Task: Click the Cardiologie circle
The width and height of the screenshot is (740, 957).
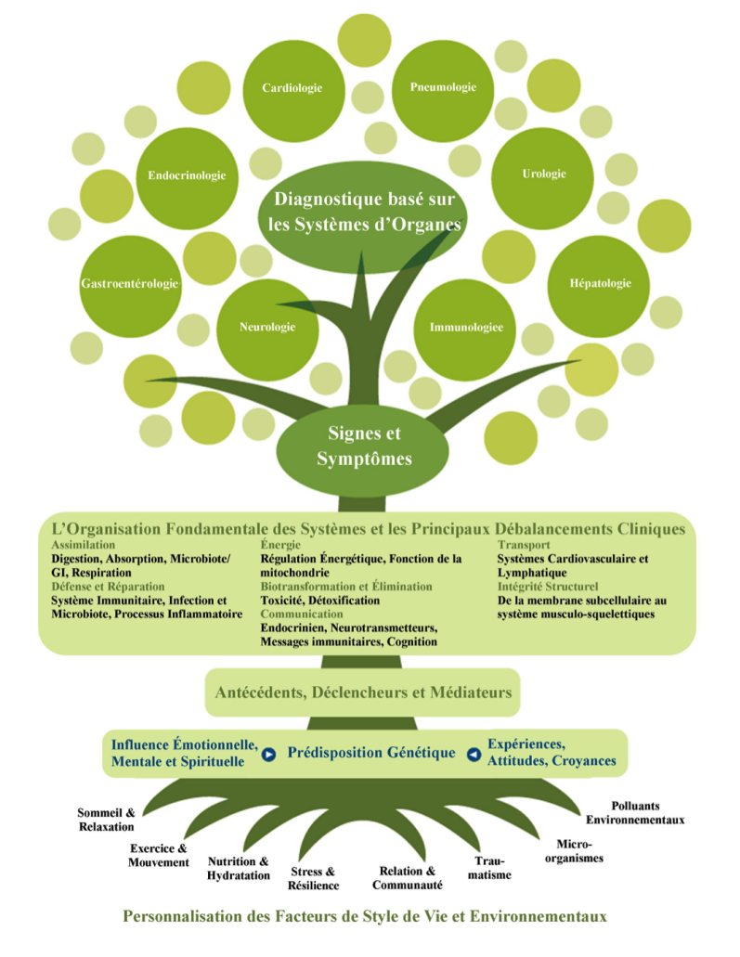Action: click(x=292, y=88)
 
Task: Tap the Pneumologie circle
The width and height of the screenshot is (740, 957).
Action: click(x=443, y=88)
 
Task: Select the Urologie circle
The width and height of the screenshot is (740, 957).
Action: click(x=543, y=174)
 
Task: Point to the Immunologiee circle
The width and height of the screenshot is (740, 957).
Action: click(x=466, y=327)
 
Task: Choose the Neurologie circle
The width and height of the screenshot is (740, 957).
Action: click(x=267, y=327)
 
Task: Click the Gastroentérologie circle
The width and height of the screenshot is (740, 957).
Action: click(x=130, y=283)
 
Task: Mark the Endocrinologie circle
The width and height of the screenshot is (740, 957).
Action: click(x=188, y=175)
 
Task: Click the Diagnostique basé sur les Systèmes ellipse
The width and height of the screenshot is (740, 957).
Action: click(x=368, y=211)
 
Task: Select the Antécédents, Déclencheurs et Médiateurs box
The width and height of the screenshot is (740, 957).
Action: click(x=362, y=692)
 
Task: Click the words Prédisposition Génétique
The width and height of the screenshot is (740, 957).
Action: click(x=371, y=752)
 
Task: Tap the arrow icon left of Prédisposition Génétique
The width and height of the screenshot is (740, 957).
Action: click(x=269, y=754)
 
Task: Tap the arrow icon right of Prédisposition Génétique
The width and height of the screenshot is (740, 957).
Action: click(x=474, y=754)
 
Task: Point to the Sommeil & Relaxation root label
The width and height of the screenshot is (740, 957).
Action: click(x=106, y=819)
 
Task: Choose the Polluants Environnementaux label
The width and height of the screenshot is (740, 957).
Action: click(x=635, y=812)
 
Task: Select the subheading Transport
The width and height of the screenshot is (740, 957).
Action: click(x=524, y=545)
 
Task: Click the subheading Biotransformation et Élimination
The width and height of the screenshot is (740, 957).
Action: click(x=346, y=587)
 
